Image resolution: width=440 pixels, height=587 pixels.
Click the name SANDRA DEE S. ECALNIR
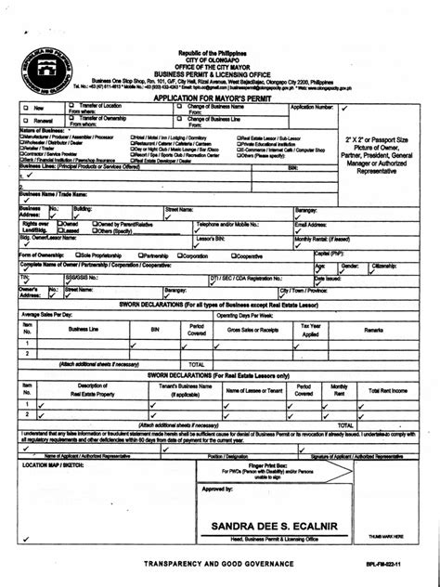point(268,527)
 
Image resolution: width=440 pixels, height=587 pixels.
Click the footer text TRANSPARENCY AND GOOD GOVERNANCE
point(218,565)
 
